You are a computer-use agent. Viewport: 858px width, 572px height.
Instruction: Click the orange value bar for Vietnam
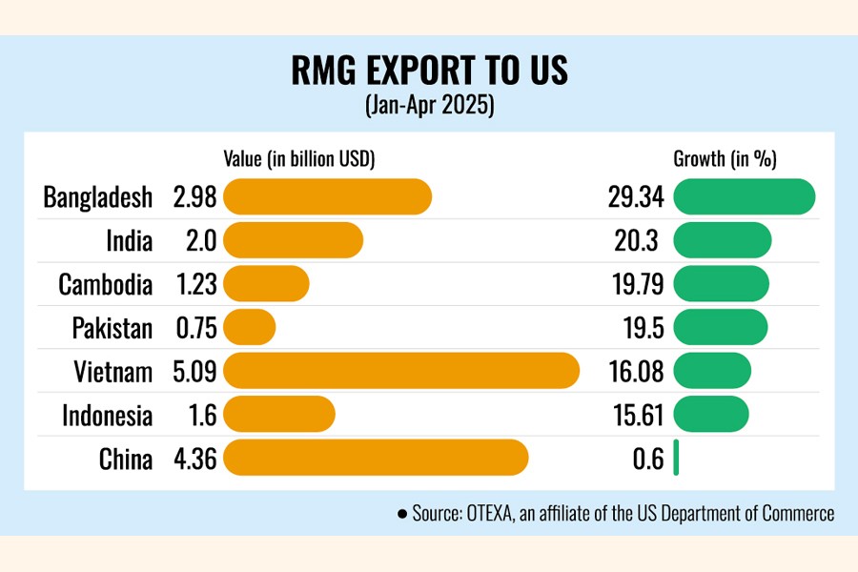click(x=400, y=371)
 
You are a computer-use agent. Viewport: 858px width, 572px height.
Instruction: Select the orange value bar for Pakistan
click(x=250, y=327)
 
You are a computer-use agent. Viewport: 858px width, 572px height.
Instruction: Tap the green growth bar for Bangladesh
click(x=744, y=196)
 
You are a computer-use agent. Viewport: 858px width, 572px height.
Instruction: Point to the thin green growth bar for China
click(x=676, y=459)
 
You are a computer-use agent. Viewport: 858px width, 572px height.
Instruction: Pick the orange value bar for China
click(x=375, y=459)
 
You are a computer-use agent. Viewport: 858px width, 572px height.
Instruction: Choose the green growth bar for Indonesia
click(x=710, y=415)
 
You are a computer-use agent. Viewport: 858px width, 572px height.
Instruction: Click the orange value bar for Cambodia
click(x=266, y=284)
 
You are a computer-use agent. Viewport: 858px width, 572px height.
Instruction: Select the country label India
click(x=127, y=241)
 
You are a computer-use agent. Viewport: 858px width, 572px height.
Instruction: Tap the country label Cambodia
click(x=105, y=284)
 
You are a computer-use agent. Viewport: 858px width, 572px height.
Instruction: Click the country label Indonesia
click(x=107, y=416)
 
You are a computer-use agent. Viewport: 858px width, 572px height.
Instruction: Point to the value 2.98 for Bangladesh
click(x=195, y=197)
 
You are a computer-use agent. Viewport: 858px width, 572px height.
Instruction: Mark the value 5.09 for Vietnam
click(x=195, y=372)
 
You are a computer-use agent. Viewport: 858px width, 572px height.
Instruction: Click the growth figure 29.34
click(x=636, y=197)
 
